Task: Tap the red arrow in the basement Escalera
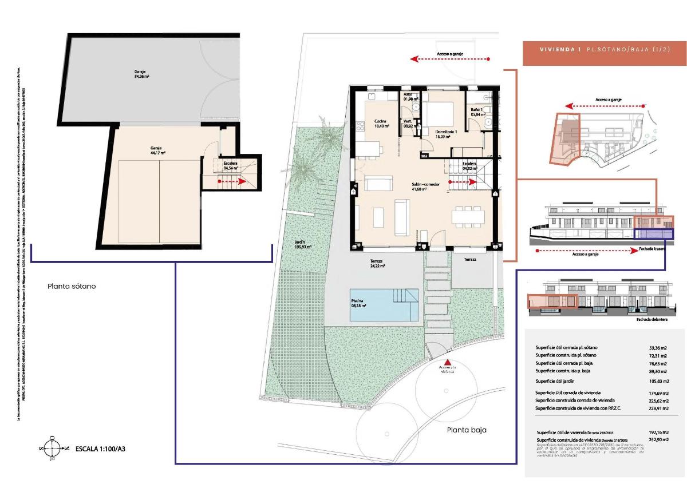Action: (232, 181)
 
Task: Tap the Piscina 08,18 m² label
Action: (359, 303)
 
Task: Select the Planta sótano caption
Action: (72, 285)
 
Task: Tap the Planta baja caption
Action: (467, 430)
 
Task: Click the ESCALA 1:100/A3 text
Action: (100, 449)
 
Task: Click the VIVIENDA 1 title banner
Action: (604, 50)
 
